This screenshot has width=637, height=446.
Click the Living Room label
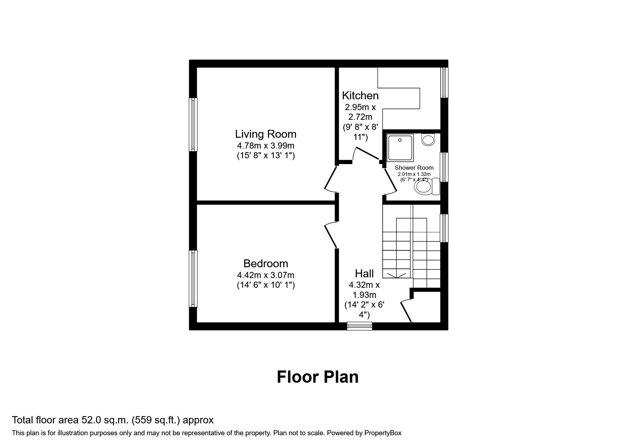(266, 134)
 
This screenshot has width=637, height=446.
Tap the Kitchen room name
(360, 96)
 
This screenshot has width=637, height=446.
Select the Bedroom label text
(266, 264)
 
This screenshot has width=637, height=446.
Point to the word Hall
(364, 273)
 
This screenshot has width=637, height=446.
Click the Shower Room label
(414, 168)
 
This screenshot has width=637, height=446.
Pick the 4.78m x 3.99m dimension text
(266, 146)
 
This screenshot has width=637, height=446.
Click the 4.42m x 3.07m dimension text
(266, 276)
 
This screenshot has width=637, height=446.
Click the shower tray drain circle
(400, 140)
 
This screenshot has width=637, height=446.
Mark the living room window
(194, 124)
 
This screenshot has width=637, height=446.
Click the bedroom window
(194, 279)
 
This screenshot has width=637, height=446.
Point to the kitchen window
(445, 82)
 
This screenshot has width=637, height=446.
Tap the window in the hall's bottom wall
(360, 326)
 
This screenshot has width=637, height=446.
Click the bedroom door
(331, 235)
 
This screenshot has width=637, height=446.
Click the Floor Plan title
(318, 377)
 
